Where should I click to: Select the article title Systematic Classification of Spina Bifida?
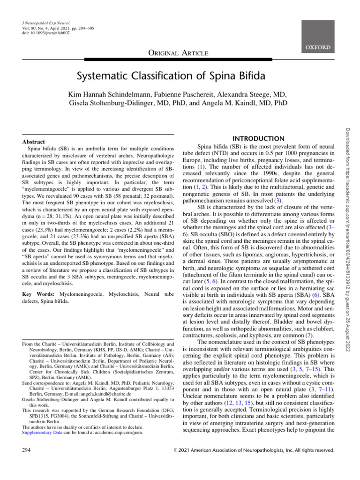[x=180, y=76]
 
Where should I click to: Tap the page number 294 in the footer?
[x=27, y=450]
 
